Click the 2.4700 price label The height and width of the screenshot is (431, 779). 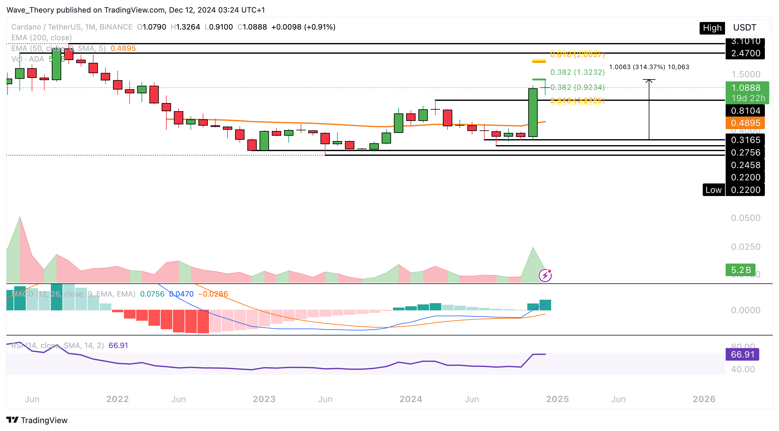745,53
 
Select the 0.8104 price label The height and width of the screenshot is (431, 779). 745,111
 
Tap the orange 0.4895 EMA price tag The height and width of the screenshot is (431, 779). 745,123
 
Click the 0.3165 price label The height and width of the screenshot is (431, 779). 745,140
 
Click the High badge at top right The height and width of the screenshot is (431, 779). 712,28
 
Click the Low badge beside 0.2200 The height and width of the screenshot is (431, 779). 713,190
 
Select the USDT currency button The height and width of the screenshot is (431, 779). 744,28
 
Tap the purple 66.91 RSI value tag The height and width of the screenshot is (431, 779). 742,354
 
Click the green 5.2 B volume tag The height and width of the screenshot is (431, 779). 740,270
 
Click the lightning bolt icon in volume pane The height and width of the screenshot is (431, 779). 545,276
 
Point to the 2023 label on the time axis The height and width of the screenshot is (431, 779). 264,399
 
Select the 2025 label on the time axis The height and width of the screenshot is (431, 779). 557,399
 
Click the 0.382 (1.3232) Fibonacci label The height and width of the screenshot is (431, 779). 577,72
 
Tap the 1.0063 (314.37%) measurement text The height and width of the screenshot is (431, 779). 649,67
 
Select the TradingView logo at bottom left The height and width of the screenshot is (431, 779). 37,420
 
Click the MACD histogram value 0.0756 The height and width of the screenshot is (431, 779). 152,294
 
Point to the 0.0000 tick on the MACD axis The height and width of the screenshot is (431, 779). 745,310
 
